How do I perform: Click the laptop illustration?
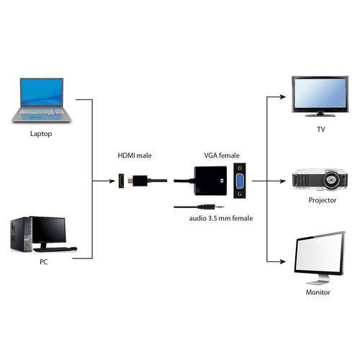[x=40, y=101]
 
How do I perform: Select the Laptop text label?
[x=41, y=134]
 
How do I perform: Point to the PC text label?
[x=44, y=263]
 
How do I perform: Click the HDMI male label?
[x=135, y=156]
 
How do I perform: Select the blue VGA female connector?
[x=238, y=183]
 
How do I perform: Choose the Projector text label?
[x=322, y=200]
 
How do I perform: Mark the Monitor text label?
[x=318, y=293]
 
